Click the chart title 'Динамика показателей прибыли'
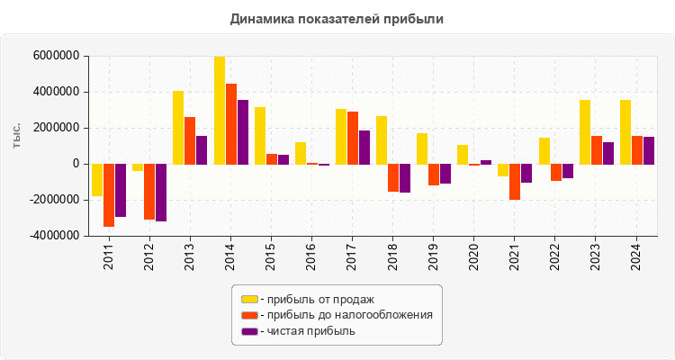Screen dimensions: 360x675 click(337, 18)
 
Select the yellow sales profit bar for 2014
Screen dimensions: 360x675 click(220, 110)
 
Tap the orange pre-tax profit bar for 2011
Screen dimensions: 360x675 click(109, 194)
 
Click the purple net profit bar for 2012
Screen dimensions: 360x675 click(161, 192)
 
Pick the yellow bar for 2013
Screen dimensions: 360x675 click(178, 127)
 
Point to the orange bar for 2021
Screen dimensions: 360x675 click(515, 181)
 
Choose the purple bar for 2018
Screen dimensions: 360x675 click(405, 177)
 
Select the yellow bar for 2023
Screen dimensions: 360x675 click(585, 131)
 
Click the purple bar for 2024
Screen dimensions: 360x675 click(649, 149)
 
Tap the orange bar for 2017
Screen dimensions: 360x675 click(353, 138)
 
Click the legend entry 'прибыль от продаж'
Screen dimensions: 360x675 click(316, 299)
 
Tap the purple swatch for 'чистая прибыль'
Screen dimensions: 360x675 click(249, 331)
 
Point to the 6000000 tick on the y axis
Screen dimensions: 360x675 click(56, 56)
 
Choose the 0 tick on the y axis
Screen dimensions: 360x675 click(76, 164)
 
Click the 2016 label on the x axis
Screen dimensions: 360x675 click(312, 256)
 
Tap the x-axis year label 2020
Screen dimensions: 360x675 click(474, 256)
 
